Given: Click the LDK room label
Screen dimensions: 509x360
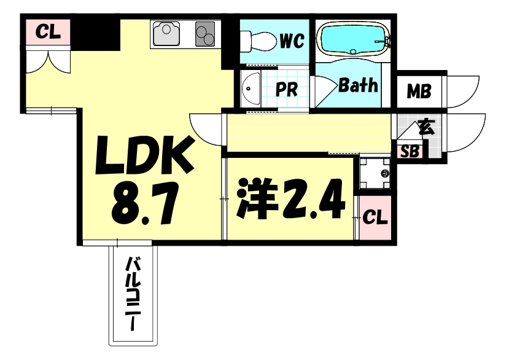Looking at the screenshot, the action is click(x=144, y=155).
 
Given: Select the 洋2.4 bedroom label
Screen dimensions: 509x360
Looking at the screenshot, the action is click(x=291, y=198).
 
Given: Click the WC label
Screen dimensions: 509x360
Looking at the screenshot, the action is click(x=292, y=41).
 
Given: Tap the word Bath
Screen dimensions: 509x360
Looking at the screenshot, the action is click(x=358, y=85).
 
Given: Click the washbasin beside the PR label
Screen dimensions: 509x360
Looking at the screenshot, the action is click(x=251, y=88).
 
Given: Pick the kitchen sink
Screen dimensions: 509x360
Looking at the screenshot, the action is click(x=166, y=33).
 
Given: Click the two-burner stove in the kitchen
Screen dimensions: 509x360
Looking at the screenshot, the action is click(x=205, y=34).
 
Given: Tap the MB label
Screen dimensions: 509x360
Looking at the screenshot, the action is click(x=419, y=92).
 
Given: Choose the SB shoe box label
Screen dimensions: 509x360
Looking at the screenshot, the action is click(x=410, y=151).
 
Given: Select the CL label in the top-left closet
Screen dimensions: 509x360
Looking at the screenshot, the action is click(x=48, y=32).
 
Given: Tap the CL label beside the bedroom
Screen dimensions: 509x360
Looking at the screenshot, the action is click(x=375, y=217).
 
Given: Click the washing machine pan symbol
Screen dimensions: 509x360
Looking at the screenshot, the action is click(x=375, y=173).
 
